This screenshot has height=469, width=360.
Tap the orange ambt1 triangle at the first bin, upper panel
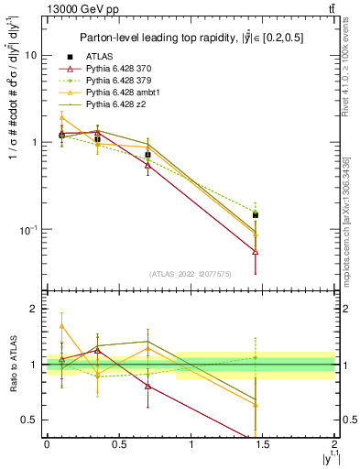point(61,118)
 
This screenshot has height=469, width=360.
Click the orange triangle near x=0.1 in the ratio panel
point(61,326)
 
